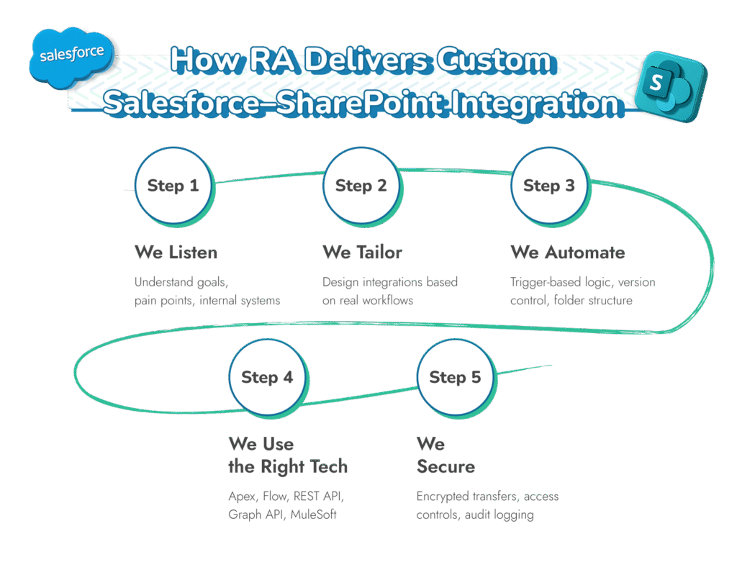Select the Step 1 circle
click(x=173, y=186)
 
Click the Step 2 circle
click(x=361, y=186)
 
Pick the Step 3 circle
click(x=548, y=186)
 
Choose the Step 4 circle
click(x=267, y=377)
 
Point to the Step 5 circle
click(x=455, y=377)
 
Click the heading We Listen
click(x=176, y=253)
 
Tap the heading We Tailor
click(x=362, y=253)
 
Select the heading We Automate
click(x=568, y=253)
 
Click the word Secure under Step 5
click(x=446, y=466)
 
